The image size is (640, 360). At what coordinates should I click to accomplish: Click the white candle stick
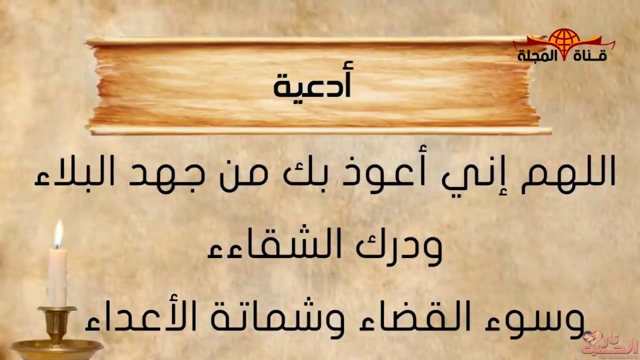(x=57, y=277)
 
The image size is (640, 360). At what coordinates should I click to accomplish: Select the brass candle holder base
(x=56, y=348)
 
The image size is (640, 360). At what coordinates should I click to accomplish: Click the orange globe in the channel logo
(x=564, y=41)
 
